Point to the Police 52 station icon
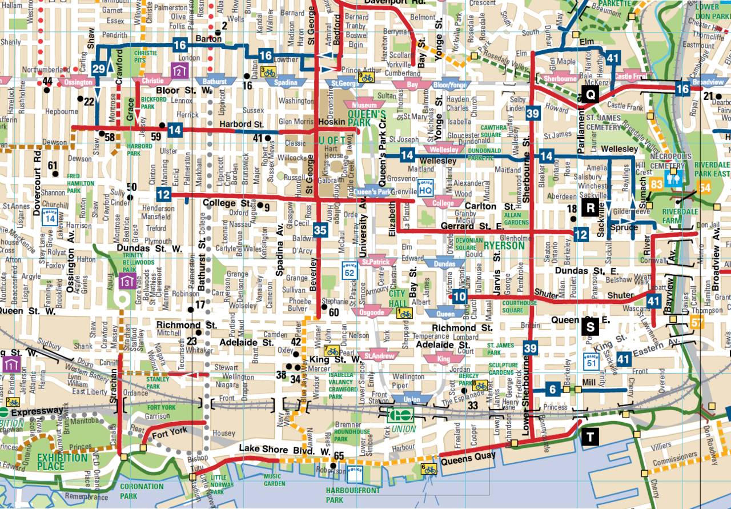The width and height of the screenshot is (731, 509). (348, 270)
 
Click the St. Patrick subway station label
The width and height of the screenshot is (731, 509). (375, 262)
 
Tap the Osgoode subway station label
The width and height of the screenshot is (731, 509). (372, 312)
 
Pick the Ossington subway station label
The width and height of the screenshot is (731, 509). (78, 82)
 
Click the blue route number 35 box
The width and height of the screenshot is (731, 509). (320, 231)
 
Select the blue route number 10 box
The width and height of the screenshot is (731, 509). (459, 296)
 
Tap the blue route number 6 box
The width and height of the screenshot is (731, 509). (552, 390)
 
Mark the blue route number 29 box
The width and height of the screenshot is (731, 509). (99, 69)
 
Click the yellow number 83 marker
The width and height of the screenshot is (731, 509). (657, 184)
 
